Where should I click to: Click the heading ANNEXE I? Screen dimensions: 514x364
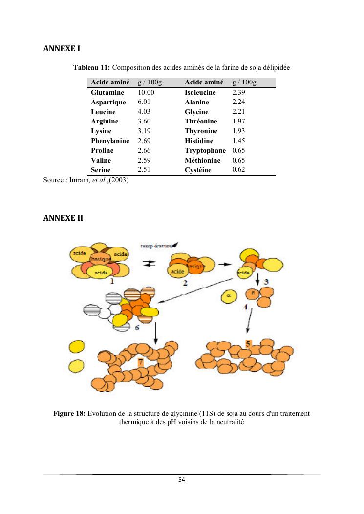pyautogui.click(x=62, y=49)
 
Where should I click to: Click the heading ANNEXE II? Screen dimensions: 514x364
pyautogui.click(x=63, y=218)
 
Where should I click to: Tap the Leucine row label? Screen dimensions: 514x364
pyautogui.click(x=103, y=112)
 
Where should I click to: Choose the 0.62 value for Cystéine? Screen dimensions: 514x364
pyautogui.click(x=238, y=170)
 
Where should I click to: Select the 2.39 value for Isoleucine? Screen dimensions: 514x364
pyautogui.click(x=238, y=92)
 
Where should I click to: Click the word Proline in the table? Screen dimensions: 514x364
pyautogui.click(x=102, y=150)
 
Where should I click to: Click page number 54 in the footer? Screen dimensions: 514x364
pyautogui.click(x=182, y=479)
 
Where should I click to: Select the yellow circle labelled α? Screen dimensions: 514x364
pyautogui.click(x=228, y=295)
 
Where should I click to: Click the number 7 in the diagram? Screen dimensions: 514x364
pyautogui.click(x=140, y=362)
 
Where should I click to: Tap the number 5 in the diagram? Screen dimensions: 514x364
pyautogui.click(x=248, y=344)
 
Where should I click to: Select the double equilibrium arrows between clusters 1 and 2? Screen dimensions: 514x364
pyautogui.click(x=149, y=263)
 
